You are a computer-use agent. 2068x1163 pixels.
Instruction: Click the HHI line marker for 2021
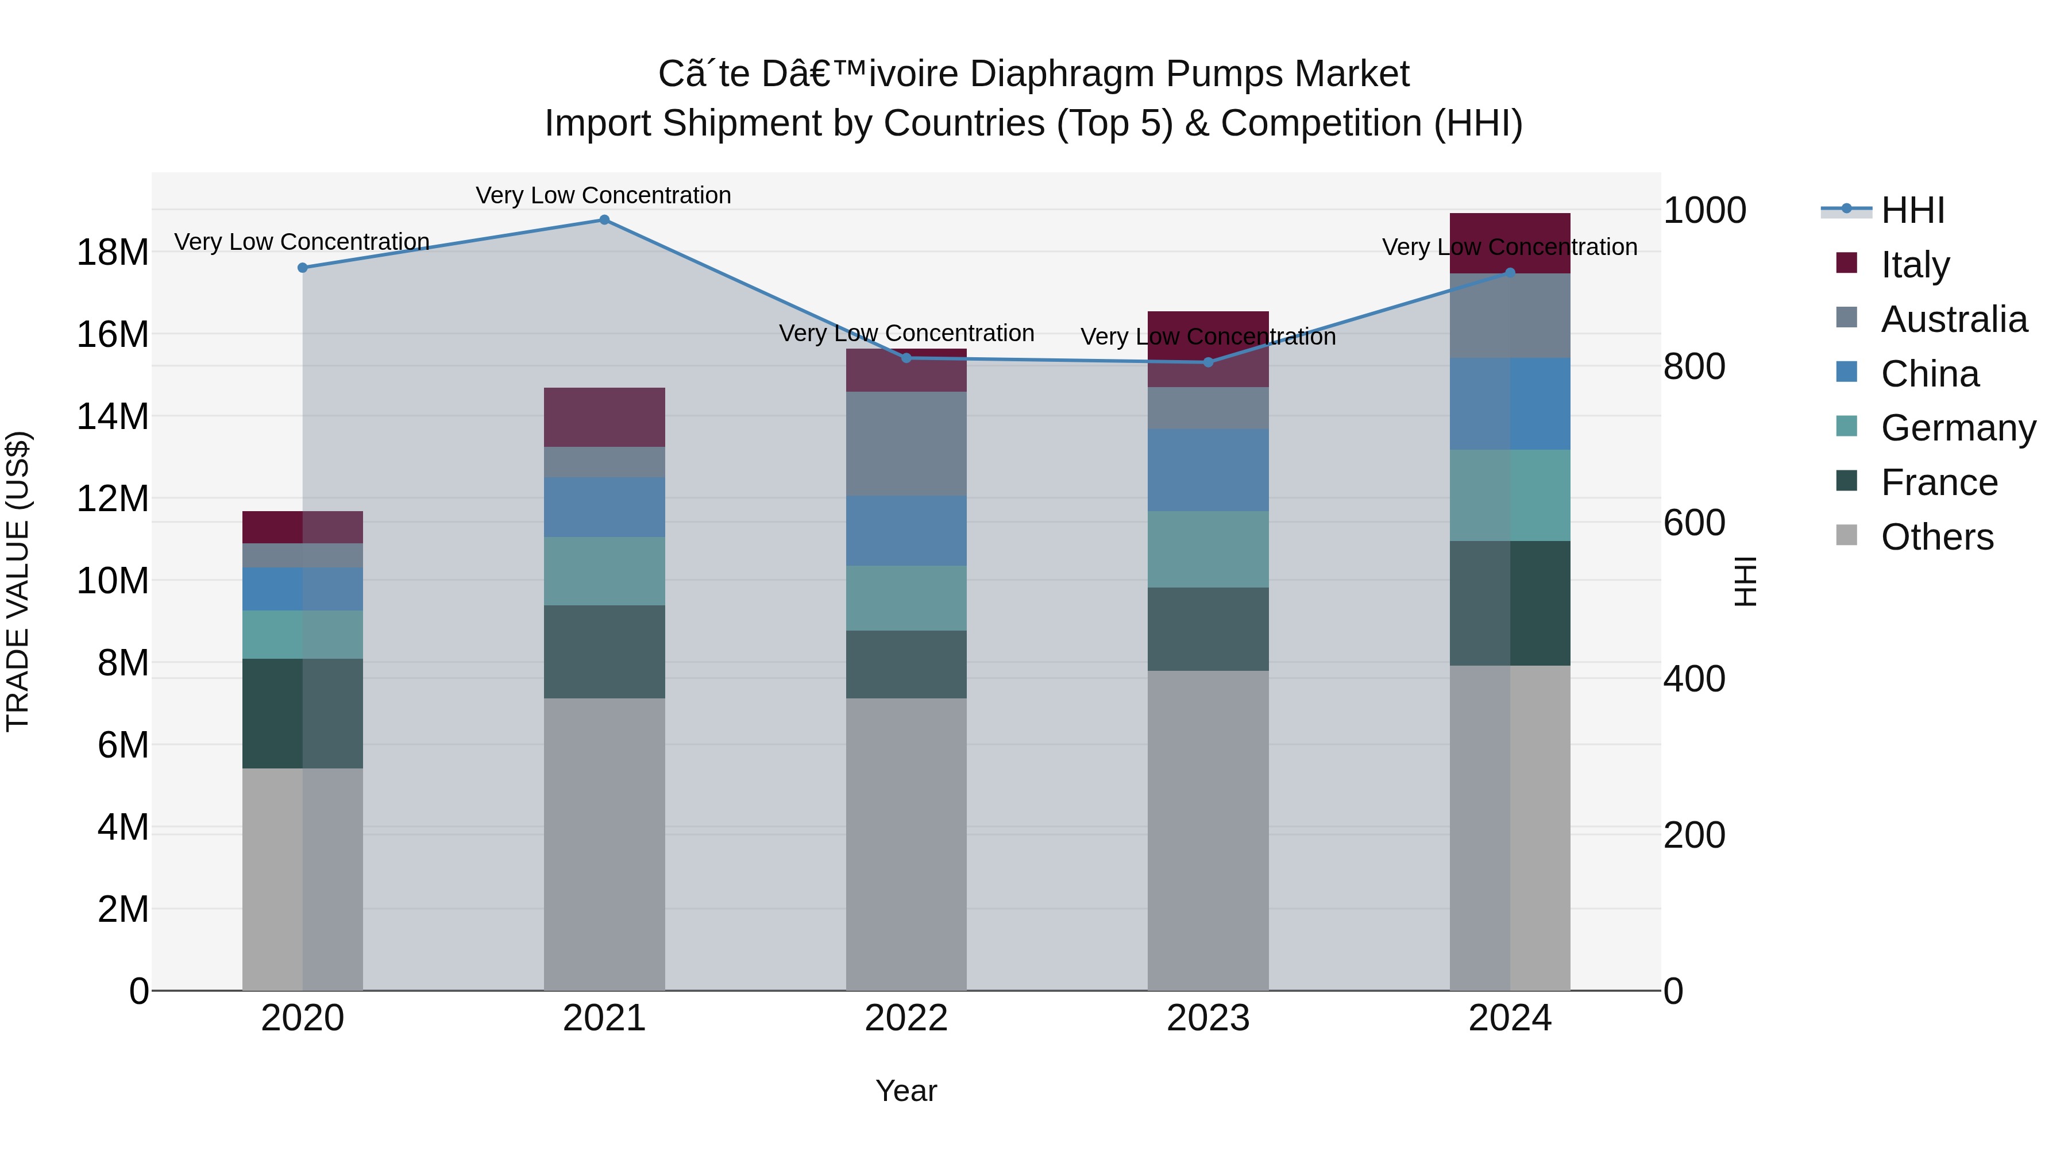(604, 220)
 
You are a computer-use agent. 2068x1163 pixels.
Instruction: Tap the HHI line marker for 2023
(1208, 362)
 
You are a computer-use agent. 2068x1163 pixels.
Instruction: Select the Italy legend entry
(1915, 265)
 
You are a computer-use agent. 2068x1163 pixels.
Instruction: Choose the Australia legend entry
(1953, 319)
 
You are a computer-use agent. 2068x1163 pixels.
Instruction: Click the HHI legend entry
(1912, 210)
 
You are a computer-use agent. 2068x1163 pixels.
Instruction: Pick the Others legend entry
(1936, 537)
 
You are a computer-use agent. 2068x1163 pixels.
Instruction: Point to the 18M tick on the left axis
(113, 253)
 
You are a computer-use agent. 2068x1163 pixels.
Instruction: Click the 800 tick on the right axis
(1694, 367)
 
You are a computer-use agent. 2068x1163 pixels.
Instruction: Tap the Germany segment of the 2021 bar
(604, 571)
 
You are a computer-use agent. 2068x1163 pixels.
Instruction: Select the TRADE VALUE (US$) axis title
(18, 581)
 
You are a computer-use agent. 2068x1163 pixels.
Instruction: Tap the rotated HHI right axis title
(1745, 581)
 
